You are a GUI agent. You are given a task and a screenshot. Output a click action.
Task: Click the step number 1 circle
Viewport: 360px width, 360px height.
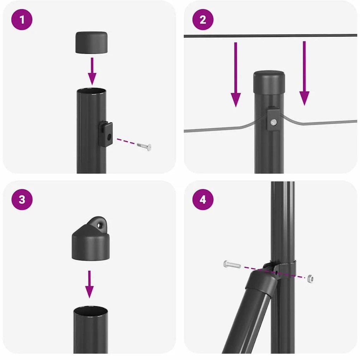click(x=22, y=20)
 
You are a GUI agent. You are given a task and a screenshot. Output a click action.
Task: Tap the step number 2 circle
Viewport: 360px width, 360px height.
click(x=203, y=20)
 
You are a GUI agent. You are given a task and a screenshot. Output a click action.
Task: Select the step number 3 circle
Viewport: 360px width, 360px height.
click(x=22, y=199)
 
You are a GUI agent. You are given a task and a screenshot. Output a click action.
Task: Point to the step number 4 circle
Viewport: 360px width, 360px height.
click(x=203, y=199)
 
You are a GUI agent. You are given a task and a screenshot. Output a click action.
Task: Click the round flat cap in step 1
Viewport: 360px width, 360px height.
click(x=92, y=42)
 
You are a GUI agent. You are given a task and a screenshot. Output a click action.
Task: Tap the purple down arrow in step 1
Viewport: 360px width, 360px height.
click(x=92, y=70)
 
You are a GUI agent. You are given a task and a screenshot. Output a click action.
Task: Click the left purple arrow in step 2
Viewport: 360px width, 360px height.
click(x=235, y=74)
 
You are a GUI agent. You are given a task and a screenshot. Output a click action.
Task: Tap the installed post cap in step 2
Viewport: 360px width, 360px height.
click(x=269, y=82)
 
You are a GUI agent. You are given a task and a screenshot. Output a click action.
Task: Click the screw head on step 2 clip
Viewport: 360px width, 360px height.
click(x=274, y=122)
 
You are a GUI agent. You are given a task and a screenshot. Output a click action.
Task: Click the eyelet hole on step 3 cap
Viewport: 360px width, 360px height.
click(x=101, y=224)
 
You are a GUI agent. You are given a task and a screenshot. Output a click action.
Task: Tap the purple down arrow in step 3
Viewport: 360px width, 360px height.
click(x=90, y=284)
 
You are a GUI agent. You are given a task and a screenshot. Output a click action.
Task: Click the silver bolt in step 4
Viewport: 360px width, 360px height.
click(x=232, y=264)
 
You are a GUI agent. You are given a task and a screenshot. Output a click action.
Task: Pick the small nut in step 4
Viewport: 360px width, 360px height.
click(x=310, y=279)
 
